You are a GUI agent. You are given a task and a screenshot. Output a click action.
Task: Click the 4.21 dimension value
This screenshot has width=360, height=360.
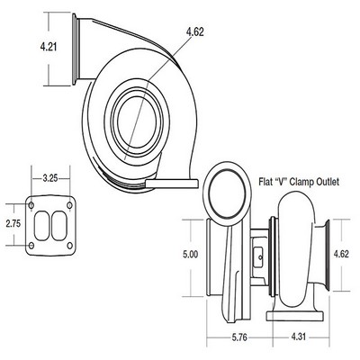tap(49, 47)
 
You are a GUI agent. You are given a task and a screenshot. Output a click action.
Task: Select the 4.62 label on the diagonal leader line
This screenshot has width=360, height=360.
tap(194, 31)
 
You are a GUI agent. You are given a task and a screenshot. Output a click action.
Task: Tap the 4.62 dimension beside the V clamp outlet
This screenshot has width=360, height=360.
tap(341, 254)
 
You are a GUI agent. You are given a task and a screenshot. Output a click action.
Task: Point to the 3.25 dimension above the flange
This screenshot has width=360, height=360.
tap(50, 178)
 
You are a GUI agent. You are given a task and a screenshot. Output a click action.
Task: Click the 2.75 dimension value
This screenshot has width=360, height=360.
tap(13, 223)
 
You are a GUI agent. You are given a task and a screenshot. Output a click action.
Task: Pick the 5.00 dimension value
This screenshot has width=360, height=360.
tap(191, 255)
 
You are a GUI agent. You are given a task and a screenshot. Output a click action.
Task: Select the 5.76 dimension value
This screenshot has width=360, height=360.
tap(239, 337)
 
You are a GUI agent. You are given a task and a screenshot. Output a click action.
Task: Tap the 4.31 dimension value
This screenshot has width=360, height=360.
tap(298, 337)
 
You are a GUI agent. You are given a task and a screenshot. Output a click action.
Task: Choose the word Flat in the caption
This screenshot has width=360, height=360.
tap(265, 182)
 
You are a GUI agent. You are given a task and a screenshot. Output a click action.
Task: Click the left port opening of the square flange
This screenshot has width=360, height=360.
tap(41, 226)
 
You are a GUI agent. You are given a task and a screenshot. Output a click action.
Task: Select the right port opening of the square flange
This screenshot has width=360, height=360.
tap(58, 226)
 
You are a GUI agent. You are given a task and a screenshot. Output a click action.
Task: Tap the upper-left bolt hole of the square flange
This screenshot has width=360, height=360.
tap(31, 205)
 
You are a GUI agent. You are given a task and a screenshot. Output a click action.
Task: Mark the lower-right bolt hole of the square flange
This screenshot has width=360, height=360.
tap(69, 246)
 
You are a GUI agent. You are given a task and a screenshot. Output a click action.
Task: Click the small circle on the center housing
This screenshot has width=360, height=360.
tap(260, 257)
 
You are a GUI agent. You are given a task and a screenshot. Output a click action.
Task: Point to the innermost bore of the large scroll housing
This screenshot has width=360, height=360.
tap(137, 121)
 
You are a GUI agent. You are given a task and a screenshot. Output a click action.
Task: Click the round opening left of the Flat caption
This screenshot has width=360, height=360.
tap(227, 195)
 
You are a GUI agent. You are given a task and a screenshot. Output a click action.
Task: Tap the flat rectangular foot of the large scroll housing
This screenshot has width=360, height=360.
tap(172, 184)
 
